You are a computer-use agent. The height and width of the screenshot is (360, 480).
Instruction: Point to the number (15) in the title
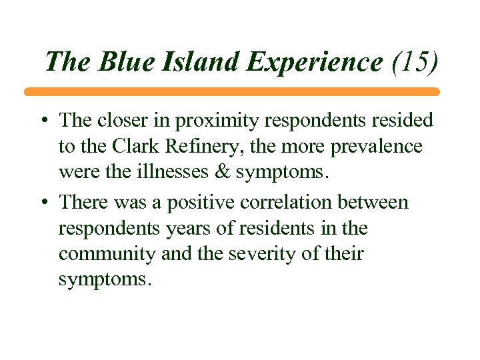[415, 61]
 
